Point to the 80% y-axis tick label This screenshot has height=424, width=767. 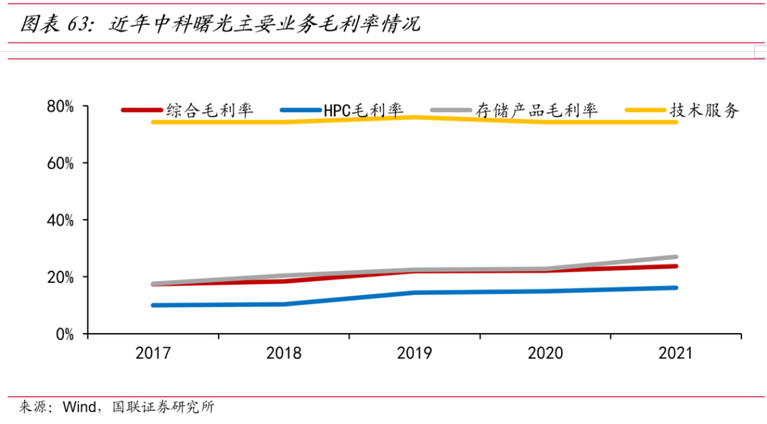click(x=60, y=107)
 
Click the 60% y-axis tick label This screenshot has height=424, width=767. click(x=60, y=163)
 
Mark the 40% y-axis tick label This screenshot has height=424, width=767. click(x=60, y=220)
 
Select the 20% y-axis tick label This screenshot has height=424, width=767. click(x=60, y=277)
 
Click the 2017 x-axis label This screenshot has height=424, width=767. click(x=153, y=354)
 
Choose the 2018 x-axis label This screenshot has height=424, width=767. click(x=283, y=354)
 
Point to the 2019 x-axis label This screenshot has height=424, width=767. click(x=414, y=354)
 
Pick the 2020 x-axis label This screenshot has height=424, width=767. click(x=545, y=354)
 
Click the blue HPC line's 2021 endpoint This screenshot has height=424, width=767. click(x=675, y=288)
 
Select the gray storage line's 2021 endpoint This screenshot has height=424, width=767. click(x=675, y=257)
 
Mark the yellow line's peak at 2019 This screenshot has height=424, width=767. click(x=414, y=117)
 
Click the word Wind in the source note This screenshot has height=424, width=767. click(x=77, y=408)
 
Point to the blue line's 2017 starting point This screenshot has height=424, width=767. click(x=153, y=305)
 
